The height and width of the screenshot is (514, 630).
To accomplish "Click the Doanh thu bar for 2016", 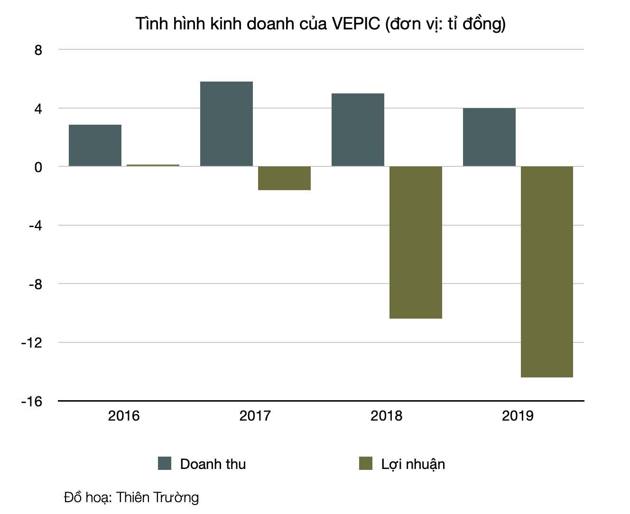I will pos(95,146).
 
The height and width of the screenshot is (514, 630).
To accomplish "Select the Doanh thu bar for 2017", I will pos(226,124).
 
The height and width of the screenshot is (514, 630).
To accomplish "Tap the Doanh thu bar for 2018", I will pos(358,130).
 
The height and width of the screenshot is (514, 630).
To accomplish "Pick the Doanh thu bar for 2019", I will pos(489,137).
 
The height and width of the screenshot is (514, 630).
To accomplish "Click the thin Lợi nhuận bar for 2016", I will pos(153,165).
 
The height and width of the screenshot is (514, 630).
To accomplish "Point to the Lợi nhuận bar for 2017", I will pos(284,178).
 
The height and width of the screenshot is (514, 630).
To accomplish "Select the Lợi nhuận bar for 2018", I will pos(416,242).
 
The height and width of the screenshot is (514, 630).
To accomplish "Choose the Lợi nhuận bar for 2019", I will pos(547,272).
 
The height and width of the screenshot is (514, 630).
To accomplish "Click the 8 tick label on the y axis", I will pos(38,50).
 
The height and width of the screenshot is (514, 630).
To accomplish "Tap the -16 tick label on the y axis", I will pos(32,402).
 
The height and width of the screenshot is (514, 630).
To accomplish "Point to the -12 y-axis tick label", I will pos(32,343).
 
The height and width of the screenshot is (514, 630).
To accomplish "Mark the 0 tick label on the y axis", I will pos(38,167).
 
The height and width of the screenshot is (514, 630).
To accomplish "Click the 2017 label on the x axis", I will pos(255,416).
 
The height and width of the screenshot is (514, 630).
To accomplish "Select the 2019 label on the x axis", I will pos(518,416).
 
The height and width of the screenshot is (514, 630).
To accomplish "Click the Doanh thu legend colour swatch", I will pos(165,463).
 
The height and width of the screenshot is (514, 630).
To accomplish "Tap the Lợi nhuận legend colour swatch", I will pos(366,463).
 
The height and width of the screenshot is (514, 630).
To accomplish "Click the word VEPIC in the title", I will pos(356,24).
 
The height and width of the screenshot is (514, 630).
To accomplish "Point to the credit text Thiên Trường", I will pos(157,497).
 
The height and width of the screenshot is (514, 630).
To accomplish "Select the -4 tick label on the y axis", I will pos(35,226).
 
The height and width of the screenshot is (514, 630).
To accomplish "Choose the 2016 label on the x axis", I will pos(124,416).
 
